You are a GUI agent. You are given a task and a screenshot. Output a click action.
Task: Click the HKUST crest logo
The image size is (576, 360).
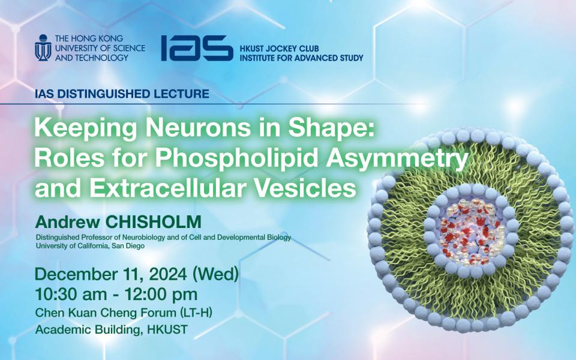tap(43, 48)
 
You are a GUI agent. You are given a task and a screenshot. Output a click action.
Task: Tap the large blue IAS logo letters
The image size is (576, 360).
tap(197, 48)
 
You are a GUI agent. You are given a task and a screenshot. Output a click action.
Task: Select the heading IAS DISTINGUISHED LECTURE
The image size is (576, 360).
tap(122, 94)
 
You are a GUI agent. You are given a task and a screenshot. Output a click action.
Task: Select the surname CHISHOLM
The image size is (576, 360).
tap(153, 222)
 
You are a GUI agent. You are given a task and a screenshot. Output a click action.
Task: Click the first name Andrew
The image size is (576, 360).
tap(68, 222)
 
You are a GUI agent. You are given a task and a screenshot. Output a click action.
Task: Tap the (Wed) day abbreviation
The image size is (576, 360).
tap(216, 274)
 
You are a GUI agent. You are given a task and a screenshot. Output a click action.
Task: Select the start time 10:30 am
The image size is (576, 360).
tap(71, 294)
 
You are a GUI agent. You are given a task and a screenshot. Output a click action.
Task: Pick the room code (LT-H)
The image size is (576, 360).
tap(196, 313)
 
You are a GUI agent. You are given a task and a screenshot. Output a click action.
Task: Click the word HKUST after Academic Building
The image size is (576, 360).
tap(167, 329)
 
